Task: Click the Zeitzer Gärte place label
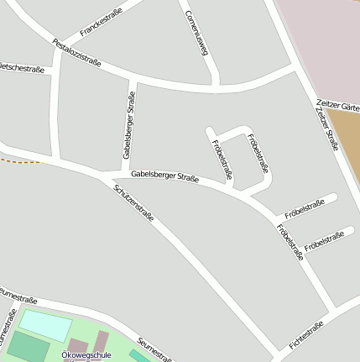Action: pos(339,104)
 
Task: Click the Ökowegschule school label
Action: pos(87,355)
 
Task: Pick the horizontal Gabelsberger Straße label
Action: pos(164,177)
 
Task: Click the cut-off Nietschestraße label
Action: pos(22,68)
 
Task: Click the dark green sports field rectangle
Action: pos(28,346)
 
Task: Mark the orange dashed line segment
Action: pos(18,160)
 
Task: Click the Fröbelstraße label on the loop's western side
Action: pos(222,159)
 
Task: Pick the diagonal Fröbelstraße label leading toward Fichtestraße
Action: pos(289,242)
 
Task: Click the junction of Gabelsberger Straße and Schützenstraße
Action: pos(107,177)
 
